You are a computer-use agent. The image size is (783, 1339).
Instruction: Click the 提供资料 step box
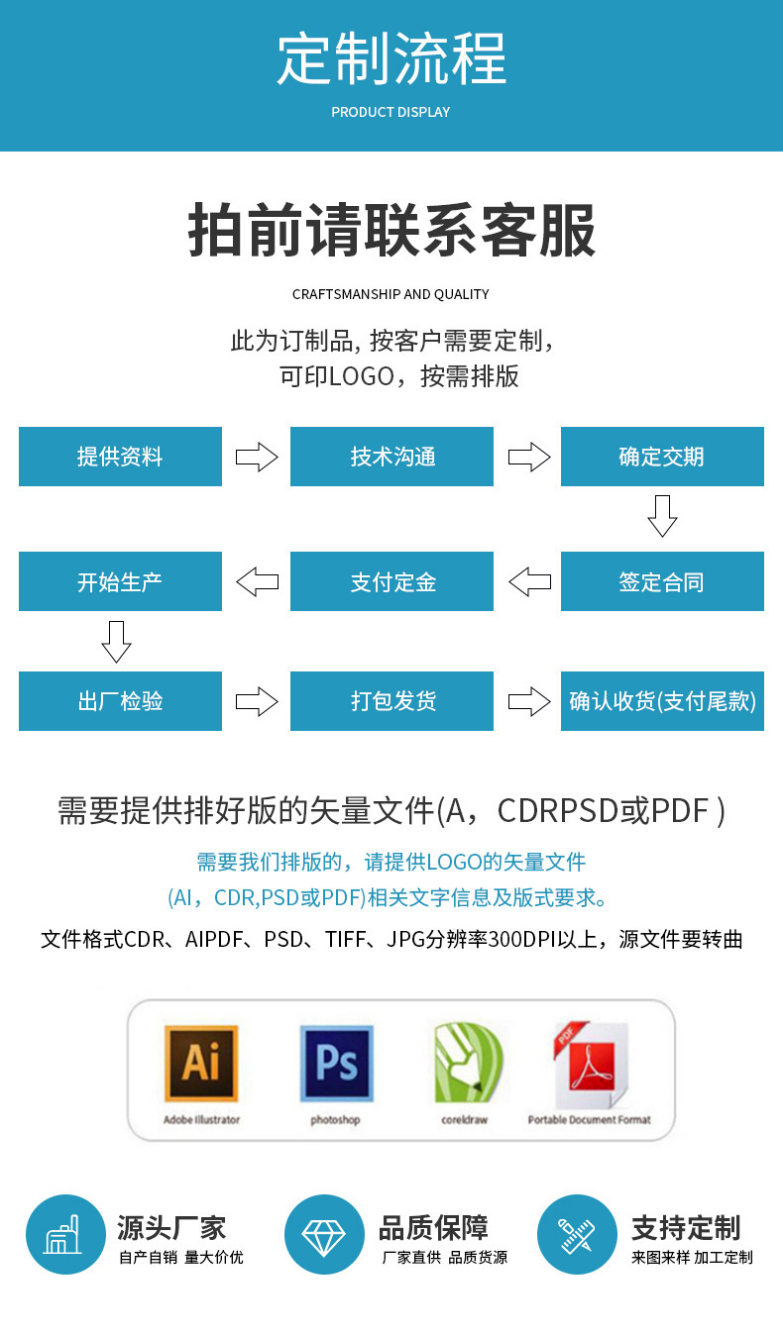click(x=120, y=457)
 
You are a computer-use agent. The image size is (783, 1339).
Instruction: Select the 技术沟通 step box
click(x=391, y=457)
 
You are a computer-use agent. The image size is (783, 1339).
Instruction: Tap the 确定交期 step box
click(x=662, y=457)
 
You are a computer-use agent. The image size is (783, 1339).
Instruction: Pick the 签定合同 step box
click(x=662, y=581)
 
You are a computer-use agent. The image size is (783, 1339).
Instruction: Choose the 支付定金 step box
click(x=391, y=581)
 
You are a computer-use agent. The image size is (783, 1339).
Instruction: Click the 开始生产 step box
click(x=120, y=581)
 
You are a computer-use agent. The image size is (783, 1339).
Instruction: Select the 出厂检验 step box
click(x=120, y=701)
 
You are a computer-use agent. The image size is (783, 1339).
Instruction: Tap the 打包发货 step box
click(x=391, y=701)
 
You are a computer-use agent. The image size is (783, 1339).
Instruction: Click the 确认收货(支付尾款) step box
click(x=662, y=701)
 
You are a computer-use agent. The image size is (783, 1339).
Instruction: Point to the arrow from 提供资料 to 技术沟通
click(x=257, y=457)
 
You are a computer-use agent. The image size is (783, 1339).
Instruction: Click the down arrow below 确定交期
click(x=662, y=516)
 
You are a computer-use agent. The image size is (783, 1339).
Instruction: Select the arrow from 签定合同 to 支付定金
click(x=529, y=581)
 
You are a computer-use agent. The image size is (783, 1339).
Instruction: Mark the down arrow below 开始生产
click(x=117, y=642)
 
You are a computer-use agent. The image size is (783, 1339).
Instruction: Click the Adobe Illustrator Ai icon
click(x=201, y=1064)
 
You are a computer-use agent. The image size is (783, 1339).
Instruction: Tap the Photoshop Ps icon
click(x=336, y=1064)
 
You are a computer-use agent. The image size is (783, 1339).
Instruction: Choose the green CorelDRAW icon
click(x=467, y=1064)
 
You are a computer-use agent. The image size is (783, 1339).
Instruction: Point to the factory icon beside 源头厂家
click(x=65, y=1235)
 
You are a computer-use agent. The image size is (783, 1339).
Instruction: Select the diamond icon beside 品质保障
click(x=324, y=1235)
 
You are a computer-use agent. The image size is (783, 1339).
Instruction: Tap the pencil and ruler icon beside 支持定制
click(x=577, y=1235)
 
